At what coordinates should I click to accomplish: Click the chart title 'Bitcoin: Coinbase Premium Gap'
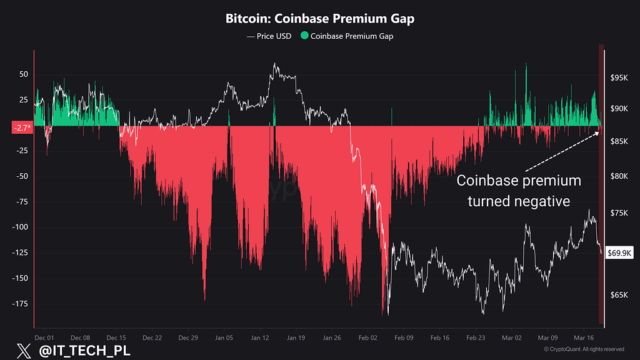[320, 18]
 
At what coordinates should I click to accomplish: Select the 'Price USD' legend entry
[269, 36]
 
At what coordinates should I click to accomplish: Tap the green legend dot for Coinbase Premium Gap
[304, 36]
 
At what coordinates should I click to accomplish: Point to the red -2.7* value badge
[22, 127]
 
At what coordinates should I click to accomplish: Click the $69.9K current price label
[619, 253]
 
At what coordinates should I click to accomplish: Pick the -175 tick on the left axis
[19, 304]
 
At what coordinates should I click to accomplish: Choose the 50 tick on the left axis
[24, 74]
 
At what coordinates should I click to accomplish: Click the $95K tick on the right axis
[619, 77]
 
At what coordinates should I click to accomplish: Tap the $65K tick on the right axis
[619, 295]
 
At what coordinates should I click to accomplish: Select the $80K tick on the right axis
[619, 176]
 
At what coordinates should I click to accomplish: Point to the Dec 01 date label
[44, 337]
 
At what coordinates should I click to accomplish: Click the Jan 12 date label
[260, 337]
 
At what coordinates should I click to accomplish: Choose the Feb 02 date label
[367, 337]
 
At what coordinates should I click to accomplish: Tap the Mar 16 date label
[584, 337]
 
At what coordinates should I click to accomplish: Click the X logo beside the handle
[24, 351]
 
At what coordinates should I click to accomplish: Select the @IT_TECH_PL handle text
[84, 351]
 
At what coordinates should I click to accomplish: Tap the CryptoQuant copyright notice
[584, 349]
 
